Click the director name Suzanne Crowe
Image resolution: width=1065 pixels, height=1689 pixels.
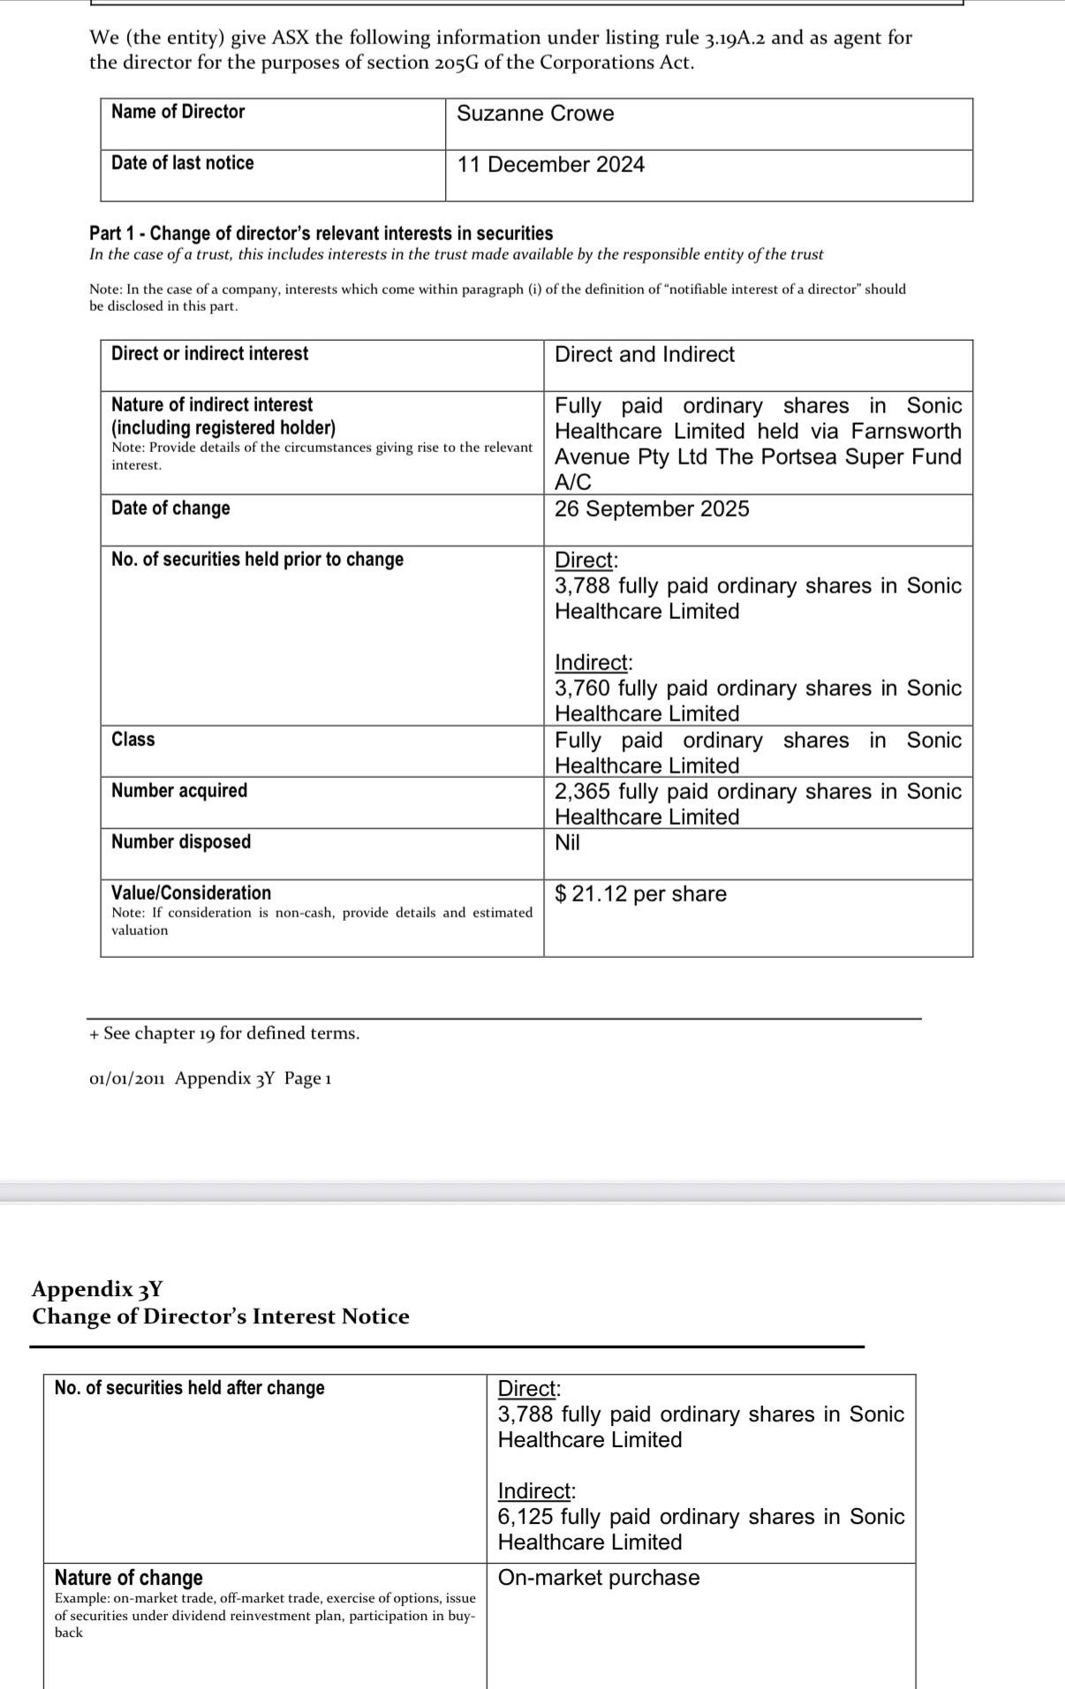tap(535, 114)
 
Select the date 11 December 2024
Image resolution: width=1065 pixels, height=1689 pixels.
tap(550, 165)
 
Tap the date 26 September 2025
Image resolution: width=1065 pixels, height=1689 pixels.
tap(652, 509)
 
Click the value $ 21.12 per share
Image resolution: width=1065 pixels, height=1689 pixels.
tap(640, 894)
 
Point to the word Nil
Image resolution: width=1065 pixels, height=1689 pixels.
tap(567, 843)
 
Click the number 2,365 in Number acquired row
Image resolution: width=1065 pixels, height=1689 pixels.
tap(582, 792)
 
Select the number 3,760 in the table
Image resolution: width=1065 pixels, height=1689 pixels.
tap(582, 689)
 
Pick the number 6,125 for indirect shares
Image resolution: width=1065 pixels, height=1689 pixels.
tap(525, 1517)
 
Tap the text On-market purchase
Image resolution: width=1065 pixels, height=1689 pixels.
tap(599, 1578)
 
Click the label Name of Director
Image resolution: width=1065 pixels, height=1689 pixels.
tap(177, 112)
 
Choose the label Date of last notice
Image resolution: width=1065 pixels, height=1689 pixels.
tap(182, 163)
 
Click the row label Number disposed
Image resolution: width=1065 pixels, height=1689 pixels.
tap(181, 842)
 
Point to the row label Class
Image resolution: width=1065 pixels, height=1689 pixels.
tap(133, 740)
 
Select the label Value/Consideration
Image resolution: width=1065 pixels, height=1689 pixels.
tap(191, 894)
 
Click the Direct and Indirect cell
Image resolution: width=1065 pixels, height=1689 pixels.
tap(645, 355)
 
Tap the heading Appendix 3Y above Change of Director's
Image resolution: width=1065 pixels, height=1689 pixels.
tap(97, 1289)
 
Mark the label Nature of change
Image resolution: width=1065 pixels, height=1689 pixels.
tap(129, 1578)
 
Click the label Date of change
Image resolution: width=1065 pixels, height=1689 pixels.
tap(170, 509)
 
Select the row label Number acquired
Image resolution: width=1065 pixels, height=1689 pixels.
tap(179, 791)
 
